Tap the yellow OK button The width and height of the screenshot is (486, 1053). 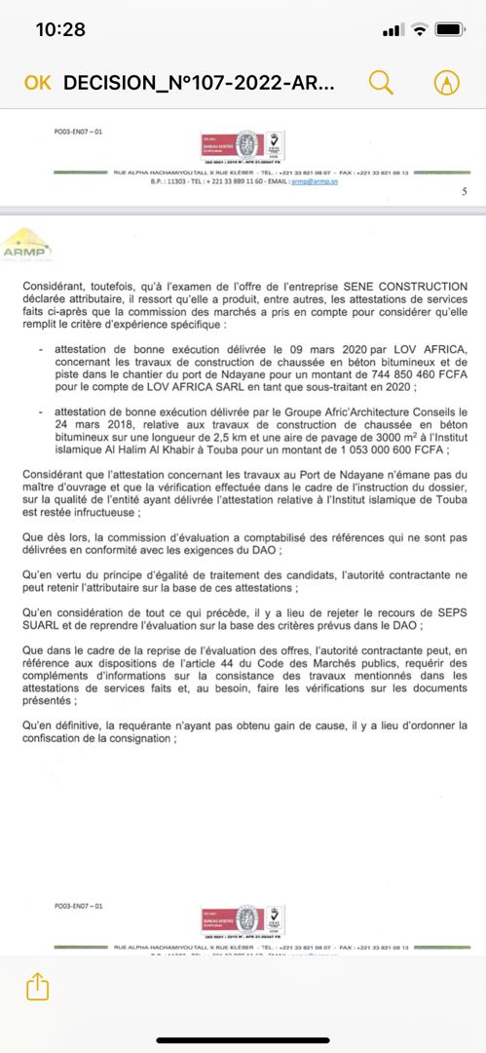point(37,83)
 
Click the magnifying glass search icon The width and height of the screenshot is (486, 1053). point(381,82)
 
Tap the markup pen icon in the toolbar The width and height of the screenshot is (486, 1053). point(446,83)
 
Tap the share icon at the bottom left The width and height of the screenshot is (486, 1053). point(36,987)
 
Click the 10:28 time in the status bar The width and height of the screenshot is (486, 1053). point(60,29)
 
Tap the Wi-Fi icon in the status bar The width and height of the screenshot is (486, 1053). point(419,30)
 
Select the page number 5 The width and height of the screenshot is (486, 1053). point(464,191)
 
